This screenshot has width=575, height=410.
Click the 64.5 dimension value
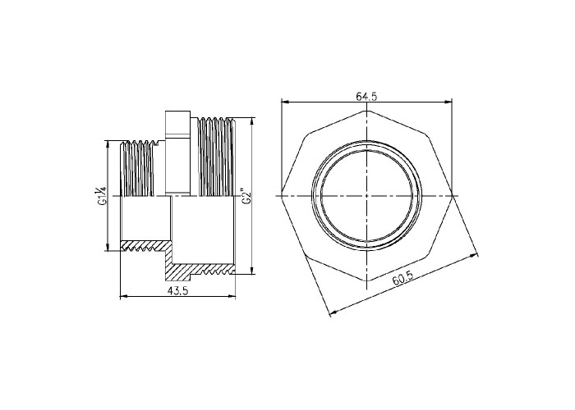click(366, 96)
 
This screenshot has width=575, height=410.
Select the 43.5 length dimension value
click(177, 290)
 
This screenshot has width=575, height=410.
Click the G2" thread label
click(245, 196)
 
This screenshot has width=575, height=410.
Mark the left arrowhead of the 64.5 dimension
click(284, 102)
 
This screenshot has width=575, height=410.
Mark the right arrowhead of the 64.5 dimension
click(448, 102)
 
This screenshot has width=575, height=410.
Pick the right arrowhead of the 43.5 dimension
click(231, 296)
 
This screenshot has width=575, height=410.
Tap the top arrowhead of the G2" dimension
click(252, 121)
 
